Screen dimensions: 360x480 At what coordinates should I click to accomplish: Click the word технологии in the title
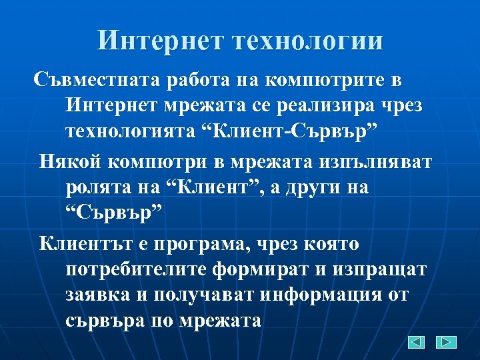point(308,41)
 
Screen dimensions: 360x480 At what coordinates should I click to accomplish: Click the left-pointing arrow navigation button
point(416,343)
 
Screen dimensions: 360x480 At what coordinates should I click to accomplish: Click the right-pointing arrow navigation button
point(446,343)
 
